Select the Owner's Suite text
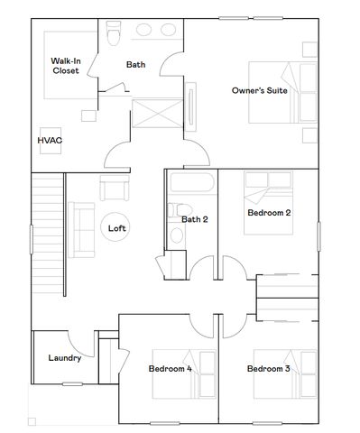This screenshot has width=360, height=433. click(x=259, y=91)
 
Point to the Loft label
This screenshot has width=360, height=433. click(x=117, y=228)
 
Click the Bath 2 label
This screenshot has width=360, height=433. click(x=195, y=219)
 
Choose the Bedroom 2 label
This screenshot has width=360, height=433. click(x=268, y=213)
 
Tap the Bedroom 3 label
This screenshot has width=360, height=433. click(x=268, y=369)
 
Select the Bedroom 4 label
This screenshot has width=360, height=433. click(x=170, y=369)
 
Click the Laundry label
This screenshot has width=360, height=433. click(x=64, y=358)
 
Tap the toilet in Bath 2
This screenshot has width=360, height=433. click(x=176, y=235)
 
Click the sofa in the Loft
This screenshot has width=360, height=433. click(x=81, y=230)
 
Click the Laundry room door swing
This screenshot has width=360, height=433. click(x=83, y=343)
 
